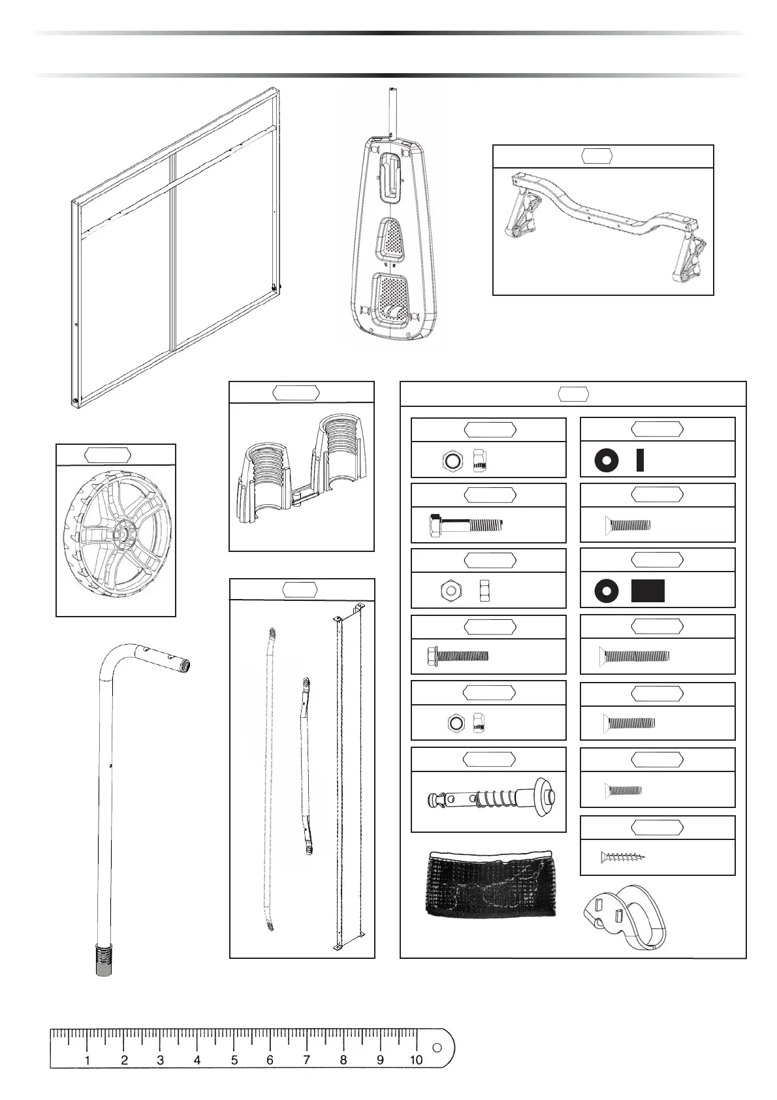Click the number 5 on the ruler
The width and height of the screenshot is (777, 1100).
(x=234, y=1060)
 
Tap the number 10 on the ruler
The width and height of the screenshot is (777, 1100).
(x=416, y=1060)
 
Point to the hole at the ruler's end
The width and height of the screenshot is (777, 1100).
(x=436, y=1048)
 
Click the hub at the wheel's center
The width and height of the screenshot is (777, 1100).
(x=121, y=532)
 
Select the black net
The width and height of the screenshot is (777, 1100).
(x=491, y=884)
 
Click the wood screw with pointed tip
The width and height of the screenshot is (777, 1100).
(x=623, y=858)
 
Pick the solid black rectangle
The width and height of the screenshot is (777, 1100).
(x=648, y=590)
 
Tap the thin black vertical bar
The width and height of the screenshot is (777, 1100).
(x=640, y=460)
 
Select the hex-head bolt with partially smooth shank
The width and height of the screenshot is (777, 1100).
(x=466, y=525)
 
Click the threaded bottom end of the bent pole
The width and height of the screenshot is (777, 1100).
(x=104, y=959)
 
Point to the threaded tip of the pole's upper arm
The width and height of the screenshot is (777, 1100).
(x=185, y=666)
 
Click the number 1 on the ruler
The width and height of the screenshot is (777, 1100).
(x=87, y=1060)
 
